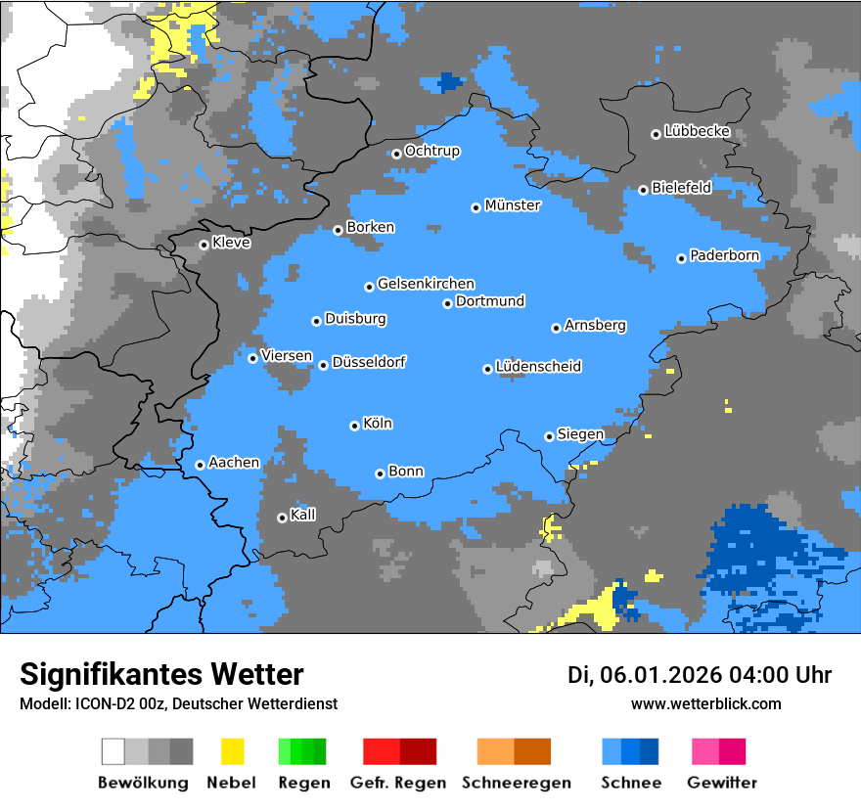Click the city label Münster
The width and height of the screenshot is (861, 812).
point(513,205)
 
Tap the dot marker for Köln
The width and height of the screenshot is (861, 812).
point(354,426)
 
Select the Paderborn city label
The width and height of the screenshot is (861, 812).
point(724,256)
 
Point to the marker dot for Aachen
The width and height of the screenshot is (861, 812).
point(200,465)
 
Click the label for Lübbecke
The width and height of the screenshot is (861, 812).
point(697,131)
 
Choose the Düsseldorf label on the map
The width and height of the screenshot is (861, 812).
point(369,362)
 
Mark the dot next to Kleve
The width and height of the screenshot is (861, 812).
point(204,245)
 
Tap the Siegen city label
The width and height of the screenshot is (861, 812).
point(580,434)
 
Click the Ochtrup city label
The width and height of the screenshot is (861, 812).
point(431,152)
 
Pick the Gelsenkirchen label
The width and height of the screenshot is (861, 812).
point(426,284)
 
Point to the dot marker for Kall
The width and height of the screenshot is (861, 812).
point(282,518)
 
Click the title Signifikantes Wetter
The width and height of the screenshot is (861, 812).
point(161,674)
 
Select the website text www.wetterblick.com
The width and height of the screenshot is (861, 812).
point(705,703)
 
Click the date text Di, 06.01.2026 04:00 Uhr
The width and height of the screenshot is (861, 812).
point(700,675)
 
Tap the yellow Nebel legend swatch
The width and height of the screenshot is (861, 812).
point(232,751)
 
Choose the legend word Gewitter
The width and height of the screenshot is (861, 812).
point(722,783)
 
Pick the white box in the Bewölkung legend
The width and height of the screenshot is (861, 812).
point(113,751)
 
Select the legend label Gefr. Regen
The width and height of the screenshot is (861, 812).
point(398,783)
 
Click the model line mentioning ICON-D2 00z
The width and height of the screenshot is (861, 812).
point(178,703)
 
